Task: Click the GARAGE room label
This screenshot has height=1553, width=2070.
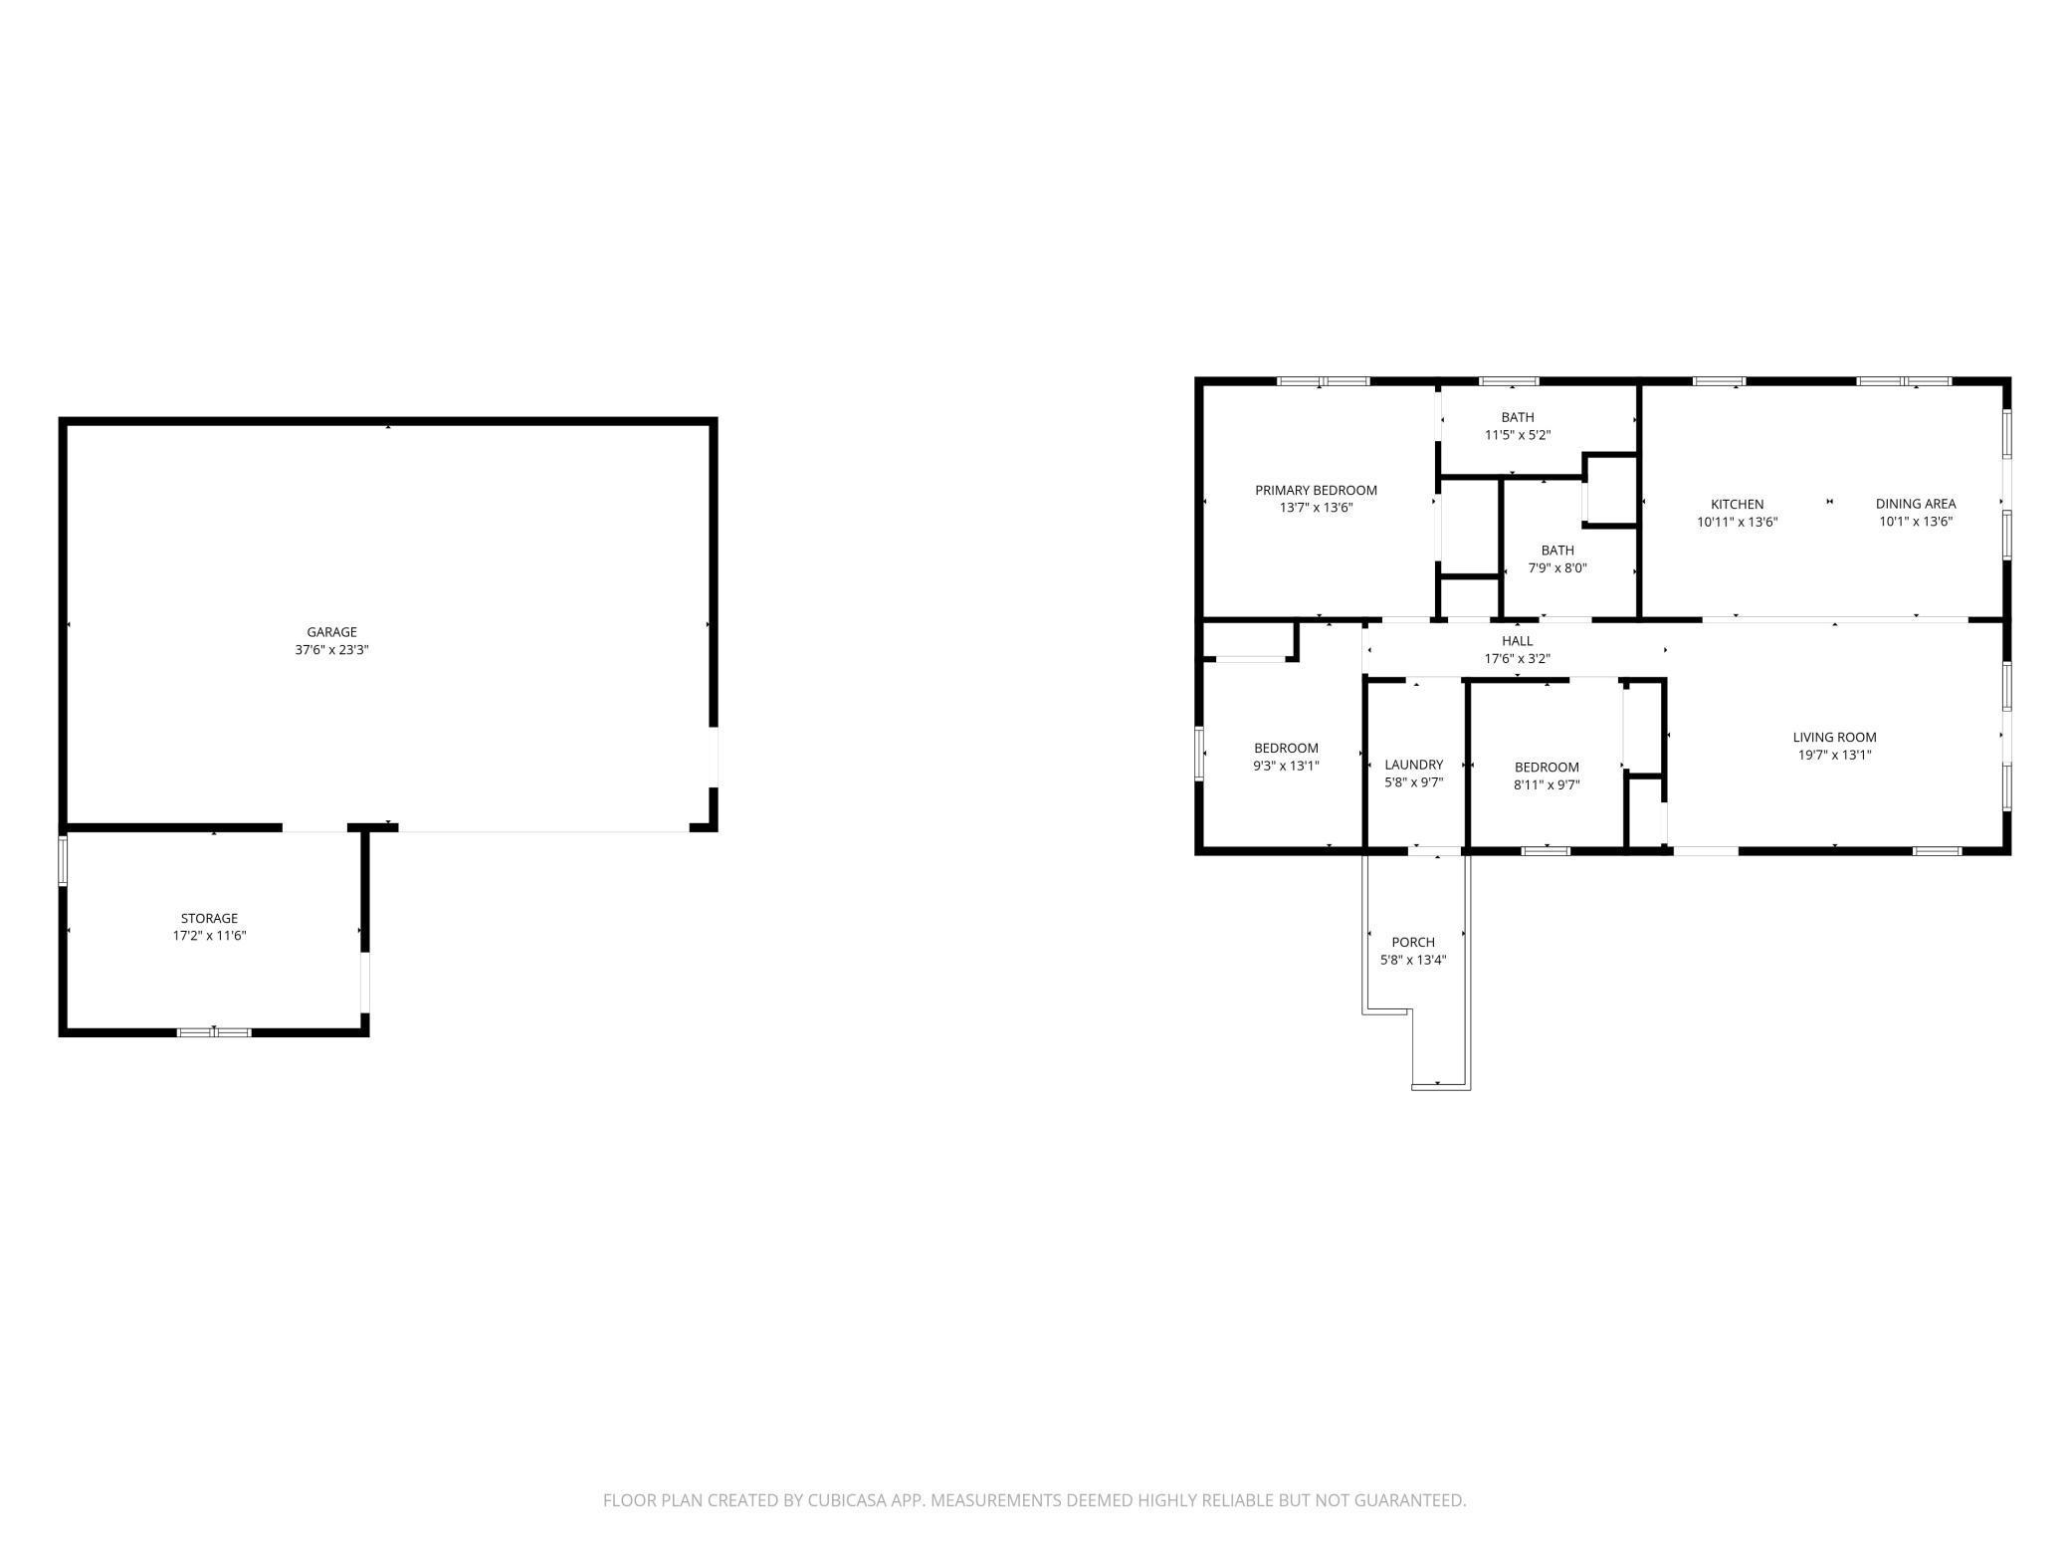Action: (x=331, y=632)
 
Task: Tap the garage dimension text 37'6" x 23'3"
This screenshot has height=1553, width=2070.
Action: (x=331, y=650)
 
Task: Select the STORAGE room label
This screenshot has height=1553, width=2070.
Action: (x=209, y=918)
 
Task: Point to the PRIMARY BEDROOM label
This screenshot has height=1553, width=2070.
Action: (x=1316, y=490)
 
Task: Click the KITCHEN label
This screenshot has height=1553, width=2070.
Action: (x=1737, y=504)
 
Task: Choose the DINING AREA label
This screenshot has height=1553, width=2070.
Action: (x=1915, y=504)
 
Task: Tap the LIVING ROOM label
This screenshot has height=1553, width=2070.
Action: (x=1834, y=738)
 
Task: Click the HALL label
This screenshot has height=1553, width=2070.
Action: (x=1517, y=641)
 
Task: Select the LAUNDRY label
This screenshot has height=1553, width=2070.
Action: (x=1413, y=765)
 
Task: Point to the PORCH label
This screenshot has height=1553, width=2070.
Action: (x=1412, y=942)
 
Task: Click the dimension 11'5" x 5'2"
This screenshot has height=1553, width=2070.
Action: (x=1517, y=435)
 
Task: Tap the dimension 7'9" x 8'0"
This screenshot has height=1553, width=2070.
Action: (x=1556, y=568)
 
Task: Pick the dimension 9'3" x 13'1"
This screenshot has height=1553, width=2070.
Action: (x=1286, y=766)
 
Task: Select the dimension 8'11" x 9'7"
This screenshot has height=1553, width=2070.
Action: (x=1547, y=784)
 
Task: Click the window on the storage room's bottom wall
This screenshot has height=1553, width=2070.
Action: (x=214, y=1032)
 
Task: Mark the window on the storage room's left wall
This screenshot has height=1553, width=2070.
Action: (x=63, y=860)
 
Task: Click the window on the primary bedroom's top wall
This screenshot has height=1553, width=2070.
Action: (x=1323, y=381)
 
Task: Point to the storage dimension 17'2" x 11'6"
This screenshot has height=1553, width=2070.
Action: (x=209, y=936)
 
